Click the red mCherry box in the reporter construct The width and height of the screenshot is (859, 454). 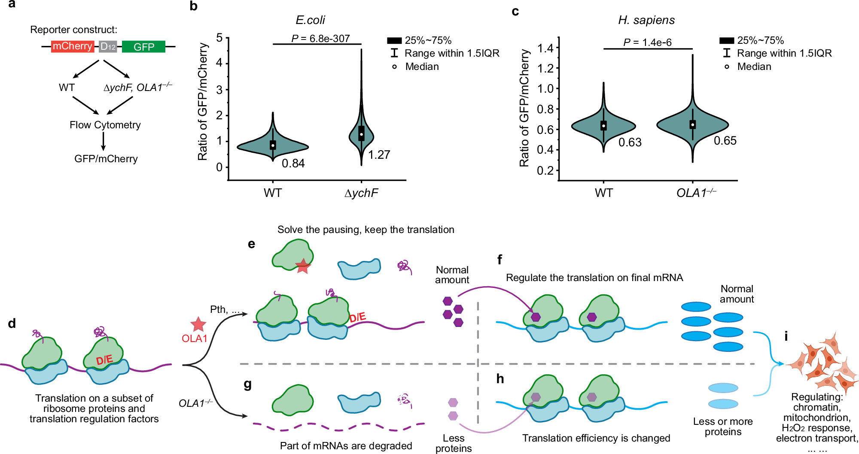tap(72, 46)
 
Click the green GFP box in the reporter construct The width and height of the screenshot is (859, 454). tap(143, 46)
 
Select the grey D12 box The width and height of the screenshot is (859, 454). tap(108, 46)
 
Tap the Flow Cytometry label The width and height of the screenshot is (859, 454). tap(105, 125)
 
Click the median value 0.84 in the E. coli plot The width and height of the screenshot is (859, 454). tap(293, 163)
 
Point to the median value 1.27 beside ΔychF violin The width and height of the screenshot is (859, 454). tap(379, 154)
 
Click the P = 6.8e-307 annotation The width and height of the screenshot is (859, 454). tap(320, 39)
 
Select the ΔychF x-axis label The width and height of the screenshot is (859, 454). tap(361, 193)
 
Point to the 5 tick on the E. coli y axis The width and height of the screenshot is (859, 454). tap(219, 38)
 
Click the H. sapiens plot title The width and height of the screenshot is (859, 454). tap(646, 20)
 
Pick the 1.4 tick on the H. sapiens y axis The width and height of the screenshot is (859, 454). tap(545, 48)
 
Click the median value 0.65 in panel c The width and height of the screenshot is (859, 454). tap(725, 141)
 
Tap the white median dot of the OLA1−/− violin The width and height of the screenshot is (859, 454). tap(692, 124)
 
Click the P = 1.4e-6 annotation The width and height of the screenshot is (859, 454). tap(647, 42)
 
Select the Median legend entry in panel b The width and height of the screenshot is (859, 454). tap(422, 67)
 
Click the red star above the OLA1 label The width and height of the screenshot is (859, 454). tap(198, 325)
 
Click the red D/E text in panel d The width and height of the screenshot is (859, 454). tap(104, 360)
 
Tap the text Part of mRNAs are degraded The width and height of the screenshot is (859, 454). tap(346, 446)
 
